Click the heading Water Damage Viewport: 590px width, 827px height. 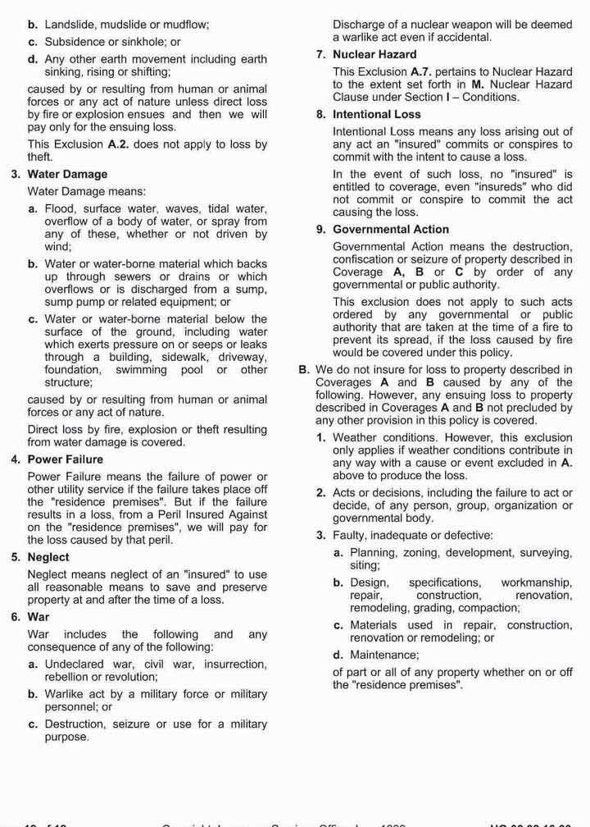tap(67, 174)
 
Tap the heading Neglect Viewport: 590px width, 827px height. tap(48, 557)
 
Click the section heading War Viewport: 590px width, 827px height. tap(39, 617)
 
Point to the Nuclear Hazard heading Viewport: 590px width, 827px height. tap(363, 55)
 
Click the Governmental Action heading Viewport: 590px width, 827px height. tap(391, 230)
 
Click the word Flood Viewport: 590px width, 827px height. tap(60, 208)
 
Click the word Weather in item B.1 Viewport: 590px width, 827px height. tap(355, 437)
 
